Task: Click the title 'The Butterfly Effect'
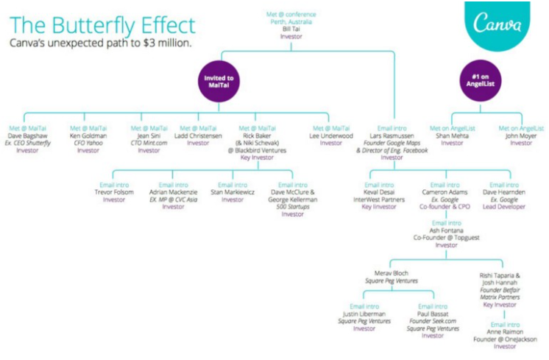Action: coord(103,25)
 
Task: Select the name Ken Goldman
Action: coord(88,135)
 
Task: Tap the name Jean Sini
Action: coord(149,135)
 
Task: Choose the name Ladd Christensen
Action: coord(198,135)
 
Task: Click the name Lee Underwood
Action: coord(331,135)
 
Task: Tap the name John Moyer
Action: coord(522,135)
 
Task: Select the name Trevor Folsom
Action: coord(114,192)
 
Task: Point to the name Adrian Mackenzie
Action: coord(173,192)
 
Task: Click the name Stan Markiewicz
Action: coord(233,192)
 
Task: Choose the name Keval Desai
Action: coord(379,192)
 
